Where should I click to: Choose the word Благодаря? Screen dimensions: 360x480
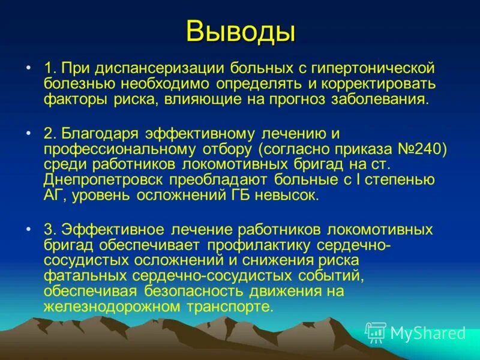[x=100, y=132]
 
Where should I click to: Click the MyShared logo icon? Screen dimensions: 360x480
[x=376, y=332]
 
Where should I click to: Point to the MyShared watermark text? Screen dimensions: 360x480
[x=428, y=333]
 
